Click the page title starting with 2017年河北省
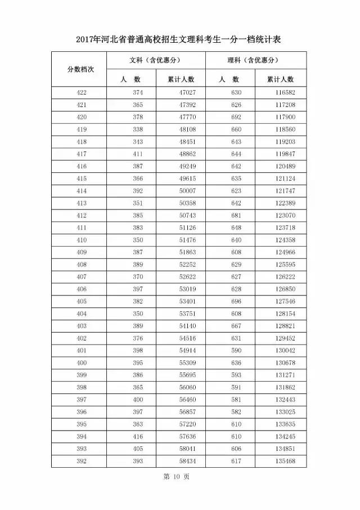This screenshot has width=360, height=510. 179,40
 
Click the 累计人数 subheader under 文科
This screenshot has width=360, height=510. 181,79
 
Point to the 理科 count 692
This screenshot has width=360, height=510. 236,117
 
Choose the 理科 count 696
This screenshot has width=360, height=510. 236,302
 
